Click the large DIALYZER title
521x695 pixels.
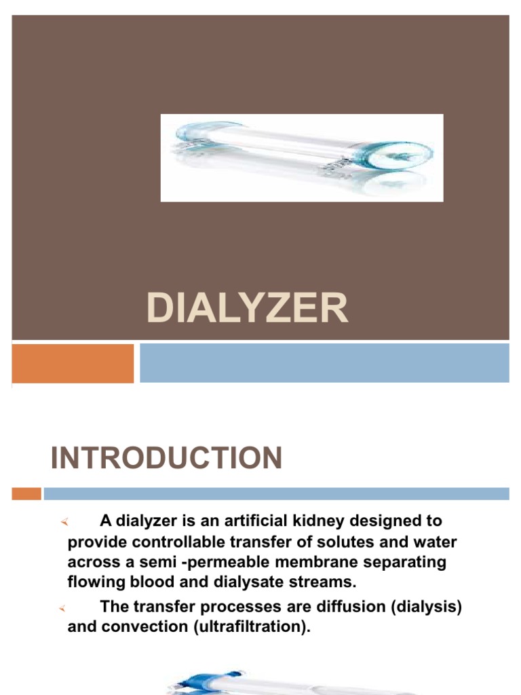point(247,309)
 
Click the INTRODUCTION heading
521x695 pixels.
point(166,459)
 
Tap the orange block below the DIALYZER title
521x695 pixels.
point(73,363)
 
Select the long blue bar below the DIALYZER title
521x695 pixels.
point(324,363)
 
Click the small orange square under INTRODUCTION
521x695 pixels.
point(26,493)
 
